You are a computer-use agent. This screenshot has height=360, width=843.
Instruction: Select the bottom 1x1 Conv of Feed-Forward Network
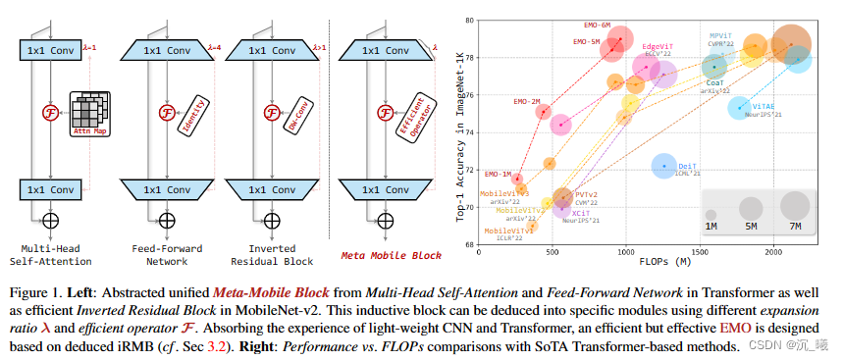point(166,188)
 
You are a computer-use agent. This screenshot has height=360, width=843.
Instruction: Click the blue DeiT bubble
point(665,166)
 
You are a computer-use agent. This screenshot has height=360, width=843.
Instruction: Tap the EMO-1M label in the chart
point(498,174)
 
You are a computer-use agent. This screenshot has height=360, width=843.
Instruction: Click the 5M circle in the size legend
point(752,207)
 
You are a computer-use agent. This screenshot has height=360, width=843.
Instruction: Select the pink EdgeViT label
point(658,45)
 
